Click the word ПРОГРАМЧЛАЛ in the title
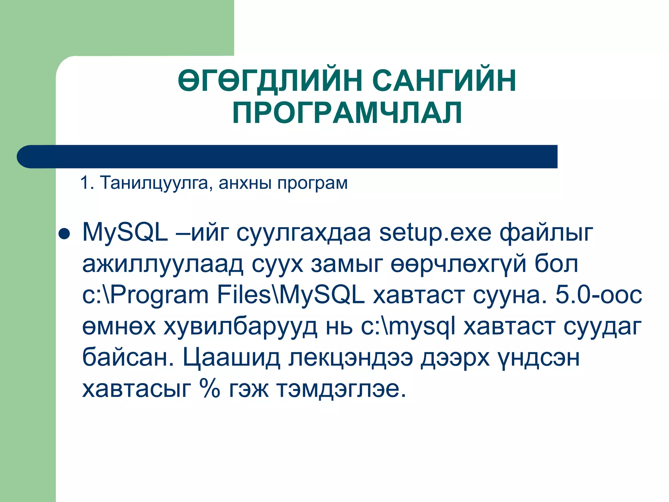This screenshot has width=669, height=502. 347,113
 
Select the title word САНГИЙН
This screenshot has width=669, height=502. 444,80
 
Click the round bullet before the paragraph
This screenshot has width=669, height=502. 64,234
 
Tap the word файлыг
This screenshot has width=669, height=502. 547,233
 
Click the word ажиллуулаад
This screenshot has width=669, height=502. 163,264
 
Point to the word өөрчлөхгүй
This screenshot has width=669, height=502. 458,264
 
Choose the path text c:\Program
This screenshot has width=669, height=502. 145,295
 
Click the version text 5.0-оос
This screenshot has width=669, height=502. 599,295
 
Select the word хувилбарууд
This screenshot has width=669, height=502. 240,327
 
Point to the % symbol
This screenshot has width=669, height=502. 210,389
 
